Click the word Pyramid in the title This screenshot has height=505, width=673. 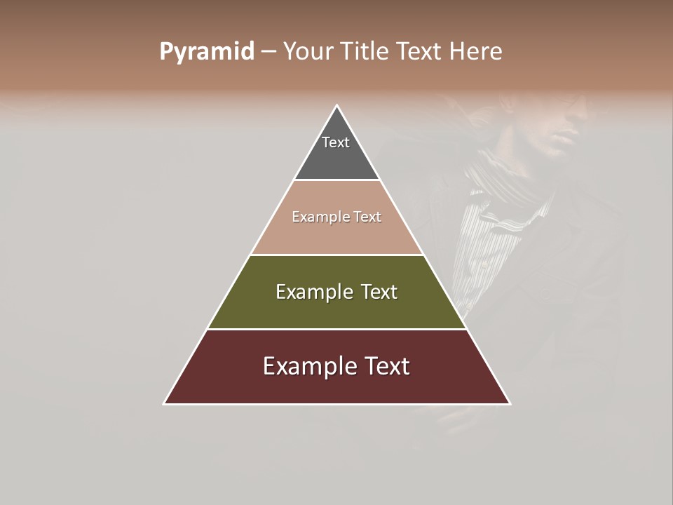(206, 52)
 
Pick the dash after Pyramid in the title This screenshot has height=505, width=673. (268, 52)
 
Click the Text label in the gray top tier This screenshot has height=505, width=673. (336, 142)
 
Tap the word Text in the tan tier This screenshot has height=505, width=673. (367, 217)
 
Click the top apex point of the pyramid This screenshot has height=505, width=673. (337, 106)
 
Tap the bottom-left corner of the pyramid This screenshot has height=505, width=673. (165, 403)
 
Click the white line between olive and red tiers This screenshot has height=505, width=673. (337, 329)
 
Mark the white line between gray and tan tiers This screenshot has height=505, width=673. (337, 180)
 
